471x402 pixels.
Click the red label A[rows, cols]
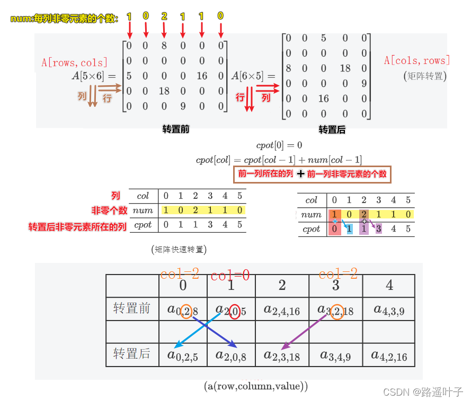click(75, 62)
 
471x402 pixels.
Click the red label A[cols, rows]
click(417, 60)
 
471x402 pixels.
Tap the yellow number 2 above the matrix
click(164, 17)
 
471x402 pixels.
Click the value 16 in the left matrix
click(202, 76)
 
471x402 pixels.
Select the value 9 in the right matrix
click(364, 83)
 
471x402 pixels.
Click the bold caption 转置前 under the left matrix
click(175, 129)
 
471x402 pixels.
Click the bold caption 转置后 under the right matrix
click(332, 130)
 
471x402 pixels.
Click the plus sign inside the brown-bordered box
click(300, 174)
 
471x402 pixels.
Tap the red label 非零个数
click(110, 211)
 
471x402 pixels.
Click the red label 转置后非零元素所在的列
click(77, 227)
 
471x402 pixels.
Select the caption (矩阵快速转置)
click(179, 249)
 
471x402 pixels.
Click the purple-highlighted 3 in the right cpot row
click(378, 229)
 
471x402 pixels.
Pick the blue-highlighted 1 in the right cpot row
click(349, 229)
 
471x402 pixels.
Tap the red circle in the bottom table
click(234, 310)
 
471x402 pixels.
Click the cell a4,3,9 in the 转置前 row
click(389, 310)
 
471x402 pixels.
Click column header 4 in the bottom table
click(389, 286)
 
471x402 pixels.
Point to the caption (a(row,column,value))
click(256, 386)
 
